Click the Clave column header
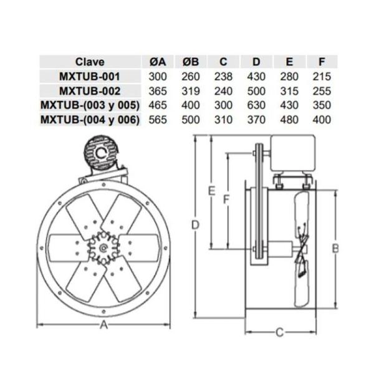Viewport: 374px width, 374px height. pyautogui.click(x=90, y=62)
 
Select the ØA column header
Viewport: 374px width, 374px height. pyautogui.click(x=158, y=62)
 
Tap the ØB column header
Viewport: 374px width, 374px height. pyautogui.click(x=191, y=62)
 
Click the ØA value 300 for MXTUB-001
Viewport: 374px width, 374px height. pyautogui.click(x=158, y=76)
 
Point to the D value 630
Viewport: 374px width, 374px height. pyautogui.click(x=257, y=105)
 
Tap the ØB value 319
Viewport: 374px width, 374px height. pyautogui.click(x=191, y=90)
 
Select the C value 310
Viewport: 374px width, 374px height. pyautogui.click(x=224, y=119)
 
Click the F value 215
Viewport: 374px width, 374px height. pyautogui.click(x=322, y=76)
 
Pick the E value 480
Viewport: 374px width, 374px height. pyautogui.click(x=289, y=119)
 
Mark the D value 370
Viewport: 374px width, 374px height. pyautogui.click(x=257, y=119)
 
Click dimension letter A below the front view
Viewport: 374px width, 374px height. pyautogui.click(x=103, y=325)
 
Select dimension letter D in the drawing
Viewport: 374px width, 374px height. pyautogui.click(x=196, y=224)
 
